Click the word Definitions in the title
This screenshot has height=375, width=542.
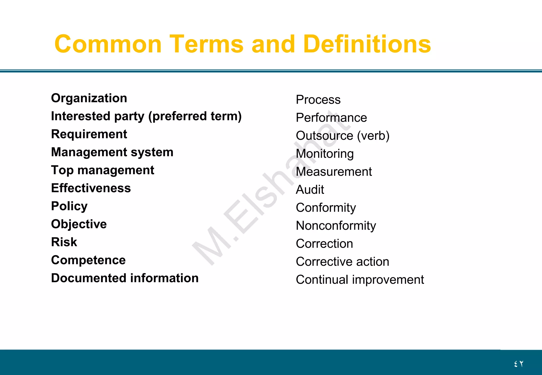pyautogui.click(x=367, y=44)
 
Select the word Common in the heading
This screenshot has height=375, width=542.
pyautogui.click(x=108, y=44)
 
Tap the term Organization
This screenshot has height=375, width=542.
pyautogui.click(x=89, y=98)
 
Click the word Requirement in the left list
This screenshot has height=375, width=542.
pyautogui.click(x=89, y=134)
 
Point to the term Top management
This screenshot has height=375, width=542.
pyautogui.click(x=102, y=170)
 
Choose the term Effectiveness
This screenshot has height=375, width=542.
pyautogui.click(x=91, y=188)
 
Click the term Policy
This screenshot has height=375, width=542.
pyautogui.click(x=69, y=206)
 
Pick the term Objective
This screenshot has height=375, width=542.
pyautogui.click(x=79, y=224)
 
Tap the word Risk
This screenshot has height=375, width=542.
pyautogui.click(x=64, y=242)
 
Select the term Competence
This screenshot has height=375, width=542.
pyautogui.click(x=88, y=260)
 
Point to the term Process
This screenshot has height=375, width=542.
pyautogui.click(x=318, y=100)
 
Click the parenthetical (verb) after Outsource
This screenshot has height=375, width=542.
pyautogui.click(x=373, y=136)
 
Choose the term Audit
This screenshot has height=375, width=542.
pyautogui.click(x=310, y=190)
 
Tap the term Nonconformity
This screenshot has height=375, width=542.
pyautogui.click(x=336, y=226)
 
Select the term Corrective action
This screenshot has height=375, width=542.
pyautogui.click(x=342, y=262)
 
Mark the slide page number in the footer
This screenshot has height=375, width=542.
pyautogui.click(x=519, y=364)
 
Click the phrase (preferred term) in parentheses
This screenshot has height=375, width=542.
pyautogui.click(x=195, y=116)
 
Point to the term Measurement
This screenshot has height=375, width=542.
pyautogui.click(x=334, y=172)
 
